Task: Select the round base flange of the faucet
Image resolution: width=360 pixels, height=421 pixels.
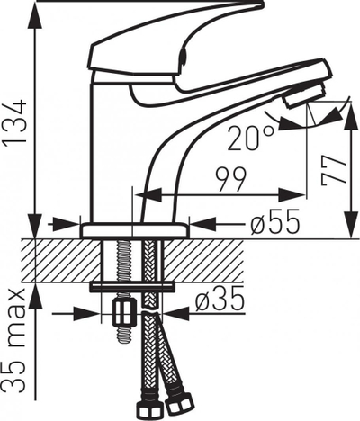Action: tap(135, 231)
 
